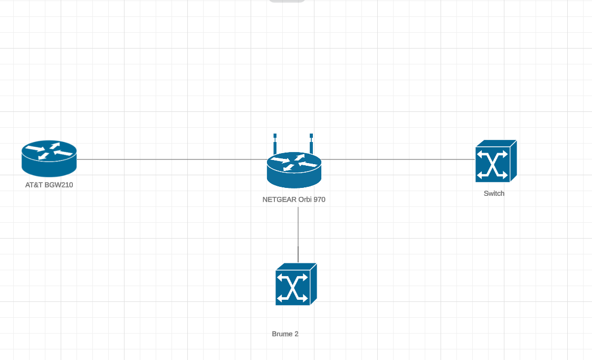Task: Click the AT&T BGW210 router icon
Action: (49, 158)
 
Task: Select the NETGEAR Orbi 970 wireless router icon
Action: (294, 169)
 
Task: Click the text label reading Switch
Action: (494, 194)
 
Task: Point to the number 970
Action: (319, 200)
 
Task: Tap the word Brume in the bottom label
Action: (282, 334)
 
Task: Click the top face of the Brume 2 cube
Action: (296, 266)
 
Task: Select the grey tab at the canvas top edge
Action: (287, 1)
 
